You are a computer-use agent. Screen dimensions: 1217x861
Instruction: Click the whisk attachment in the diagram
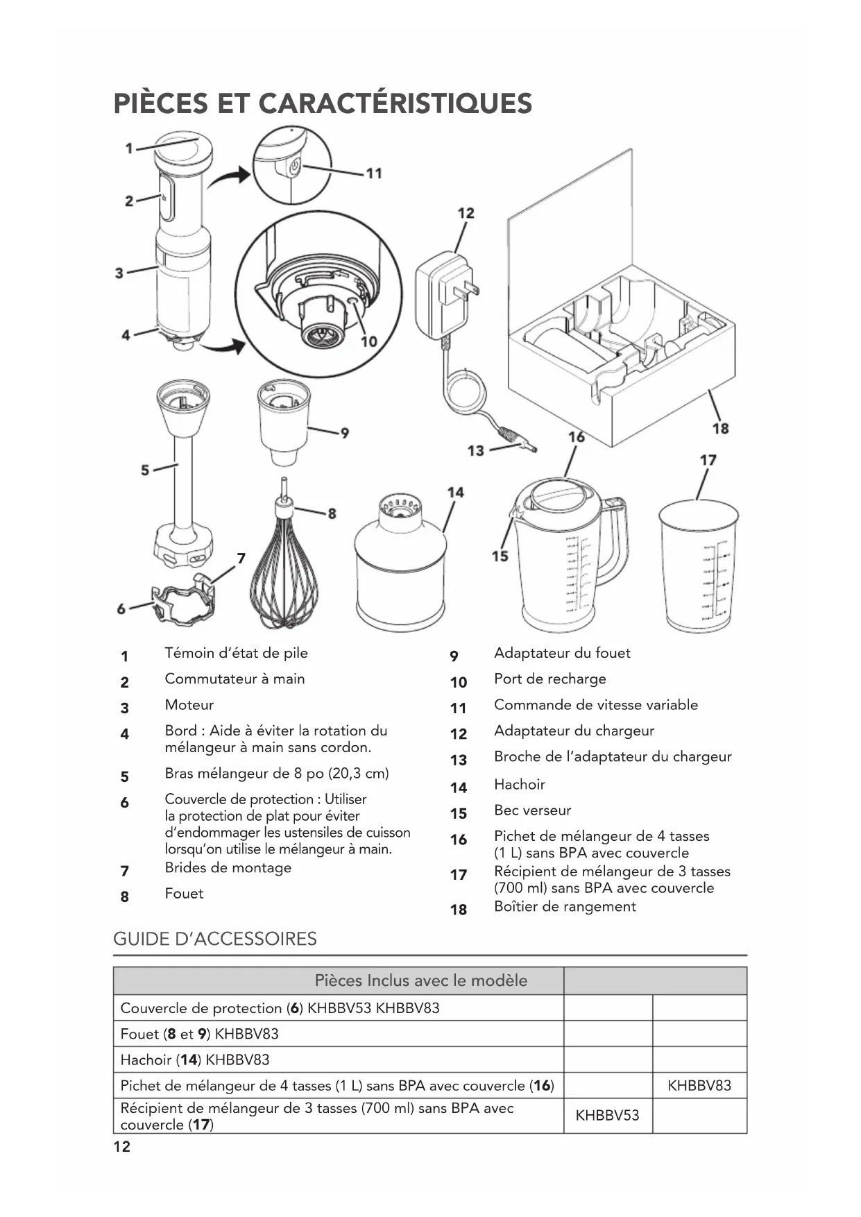284,569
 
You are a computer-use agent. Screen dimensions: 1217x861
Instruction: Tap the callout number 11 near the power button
374,173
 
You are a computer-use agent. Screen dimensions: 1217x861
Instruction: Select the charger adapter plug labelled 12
444,295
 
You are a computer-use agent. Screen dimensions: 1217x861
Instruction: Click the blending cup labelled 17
699,565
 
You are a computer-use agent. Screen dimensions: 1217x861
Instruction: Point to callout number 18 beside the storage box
720,428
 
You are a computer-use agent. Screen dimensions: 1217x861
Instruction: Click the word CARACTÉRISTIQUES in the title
395,104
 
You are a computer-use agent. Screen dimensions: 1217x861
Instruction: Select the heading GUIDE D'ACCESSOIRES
215,939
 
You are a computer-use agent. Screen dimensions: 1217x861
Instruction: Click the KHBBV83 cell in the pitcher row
699,1085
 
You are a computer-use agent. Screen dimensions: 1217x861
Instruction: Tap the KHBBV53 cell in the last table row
607,1115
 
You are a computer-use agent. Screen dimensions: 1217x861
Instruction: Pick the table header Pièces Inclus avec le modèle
420,980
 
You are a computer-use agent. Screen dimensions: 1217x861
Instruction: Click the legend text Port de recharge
549,679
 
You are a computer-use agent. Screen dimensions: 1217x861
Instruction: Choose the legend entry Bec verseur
532,810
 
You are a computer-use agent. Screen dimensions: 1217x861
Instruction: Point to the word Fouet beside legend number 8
184,893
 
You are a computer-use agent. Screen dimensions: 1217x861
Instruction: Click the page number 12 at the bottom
121,1146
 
